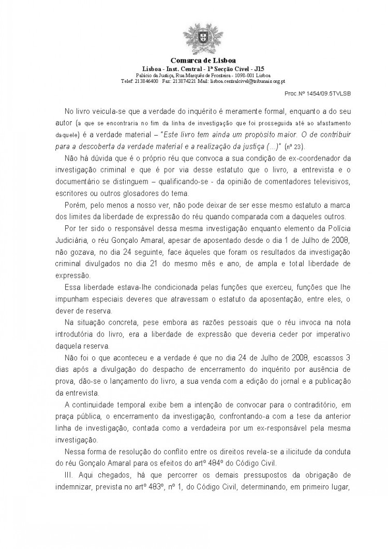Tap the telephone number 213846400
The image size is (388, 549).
point(146,81)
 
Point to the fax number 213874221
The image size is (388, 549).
point(184,81)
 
